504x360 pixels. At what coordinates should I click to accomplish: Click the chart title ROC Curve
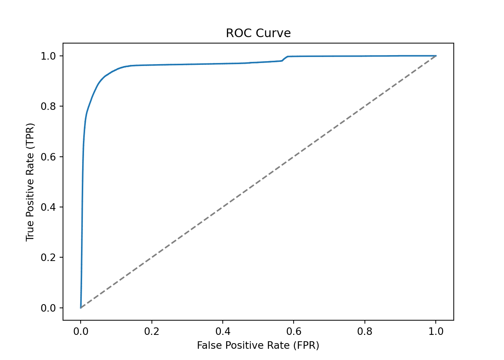click(258, 33)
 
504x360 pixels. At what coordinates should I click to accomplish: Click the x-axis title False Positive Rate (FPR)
click(258, 345)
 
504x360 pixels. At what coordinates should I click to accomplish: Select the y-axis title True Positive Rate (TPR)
click(30, 182)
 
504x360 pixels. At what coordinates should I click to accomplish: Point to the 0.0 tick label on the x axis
click(81, 331)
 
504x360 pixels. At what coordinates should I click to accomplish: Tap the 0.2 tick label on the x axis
click(151, 331)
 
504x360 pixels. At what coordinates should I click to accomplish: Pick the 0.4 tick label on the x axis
click(223, 331)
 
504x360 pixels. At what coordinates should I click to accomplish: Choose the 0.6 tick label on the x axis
click(294, 331)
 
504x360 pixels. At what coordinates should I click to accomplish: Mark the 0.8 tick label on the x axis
click(365, 331)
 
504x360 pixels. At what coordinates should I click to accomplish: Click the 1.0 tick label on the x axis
click(436, 331)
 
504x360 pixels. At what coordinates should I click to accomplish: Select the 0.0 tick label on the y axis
click(48, 308)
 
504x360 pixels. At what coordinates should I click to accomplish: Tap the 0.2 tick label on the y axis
click(48, 258)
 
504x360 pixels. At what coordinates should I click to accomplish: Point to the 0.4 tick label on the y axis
click(48, 207)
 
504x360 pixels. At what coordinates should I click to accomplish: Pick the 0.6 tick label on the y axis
click(48, 157)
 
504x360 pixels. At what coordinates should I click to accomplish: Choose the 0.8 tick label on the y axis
click(48, 106)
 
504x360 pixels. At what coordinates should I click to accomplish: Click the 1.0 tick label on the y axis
click(48, 56)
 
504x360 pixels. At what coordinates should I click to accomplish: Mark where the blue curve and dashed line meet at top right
click(436, 56)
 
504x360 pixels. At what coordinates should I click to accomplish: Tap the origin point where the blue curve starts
click(81, 308)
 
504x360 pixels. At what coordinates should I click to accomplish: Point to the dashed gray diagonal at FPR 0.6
click(294, 157)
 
